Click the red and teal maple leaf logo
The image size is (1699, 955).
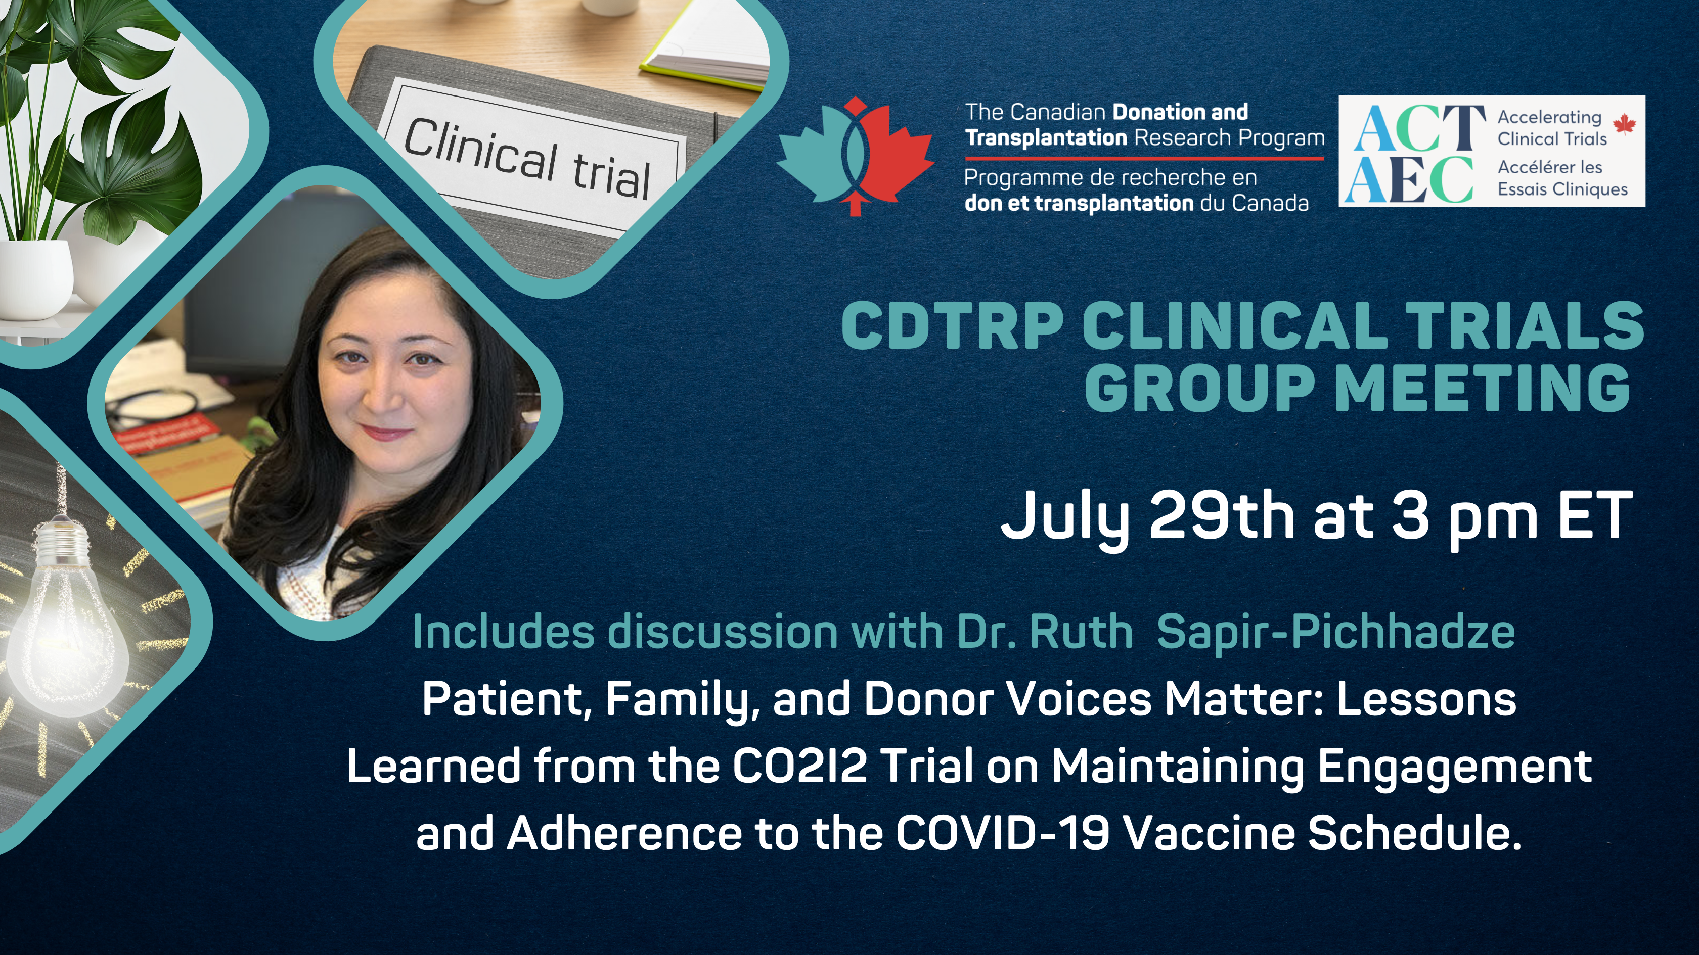click(855, 156)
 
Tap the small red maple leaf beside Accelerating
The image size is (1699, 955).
click(1624, 123)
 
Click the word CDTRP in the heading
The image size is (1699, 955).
click(952, 326)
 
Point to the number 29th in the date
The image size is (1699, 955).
click(1221, 515)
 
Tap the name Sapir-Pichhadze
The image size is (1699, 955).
click(1335, 632)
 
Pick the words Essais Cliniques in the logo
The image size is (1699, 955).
click(1562, 189)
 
